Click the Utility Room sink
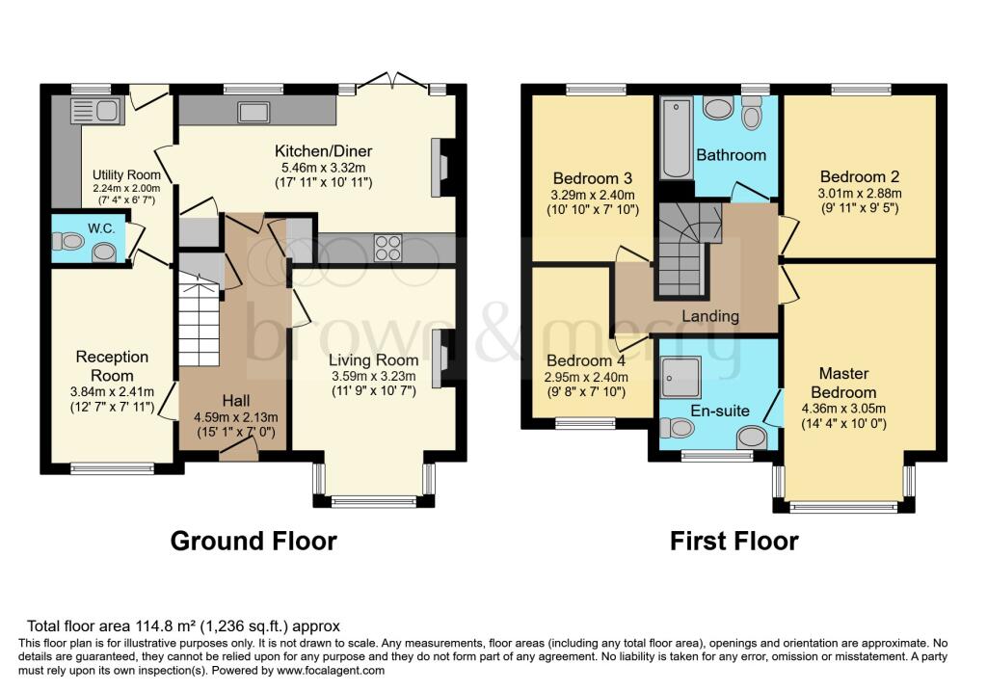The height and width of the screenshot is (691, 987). tap(96, 111)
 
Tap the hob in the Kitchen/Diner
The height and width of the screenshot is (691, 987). tap(387, 248)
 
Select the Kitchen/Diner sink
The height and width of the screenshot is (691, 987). tap(254, 112)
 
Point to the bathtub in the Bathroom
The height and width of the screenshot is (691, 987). tap(676, 139)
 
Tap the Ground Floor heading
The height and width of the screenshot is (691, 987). tap(253, 541)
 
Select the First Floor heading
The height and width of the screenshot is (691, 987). tap(734, 541)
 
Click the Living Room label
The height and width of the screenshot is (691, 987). tap(372, 361)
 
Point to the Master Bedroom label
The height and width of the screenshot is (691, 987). tap(843, 383)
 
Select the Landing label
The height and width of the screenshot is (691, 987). tap(710, 316)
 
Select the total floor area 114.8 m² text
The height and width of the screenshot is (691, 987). tap(183, 625)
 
